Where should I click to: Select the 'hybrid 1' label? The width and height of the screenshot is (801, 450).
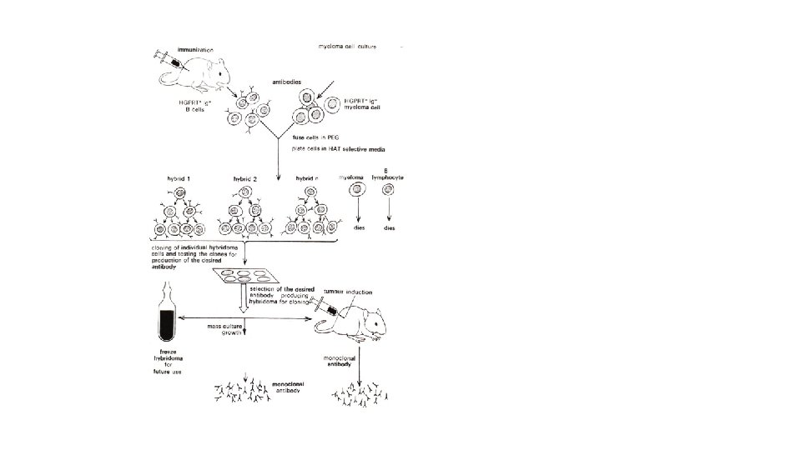tap(178, 178)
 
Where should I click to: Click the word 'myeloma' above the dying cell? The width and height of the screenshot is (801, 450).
tap(350, 177)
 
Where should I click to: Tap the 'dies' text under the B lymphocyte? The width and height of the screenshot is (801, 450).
tap(389, 227)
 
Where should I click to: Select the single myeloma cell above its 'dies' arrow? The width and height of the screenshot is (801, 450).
tap(356, 192)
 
